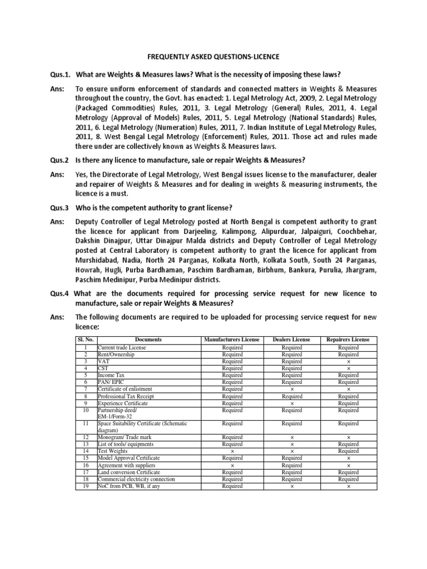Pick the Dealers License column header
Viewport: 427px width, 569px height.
[x=292, y=340]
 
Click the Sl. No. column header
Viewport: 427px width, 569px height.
[x=86, y=340]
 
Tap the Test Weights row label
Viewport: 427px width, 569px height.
[x=113, y=451]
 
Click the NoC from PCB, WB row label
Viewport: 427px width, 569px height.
[x=125, y=486]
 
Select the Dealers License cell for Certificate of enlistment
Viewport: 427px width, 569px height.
[x=292, y=389]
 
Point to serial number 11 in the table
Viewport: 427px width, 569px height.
[x=86, y=423]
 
